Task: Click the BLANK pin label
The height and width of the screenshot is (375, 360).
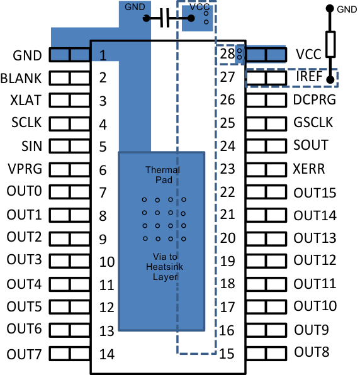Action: click(x=21, y=79)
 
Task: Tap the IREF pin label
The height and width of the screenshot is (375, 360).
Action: click(x=310, y=78)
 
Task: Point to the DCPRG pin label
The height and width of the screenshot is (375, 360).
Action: click(x=314, y=99)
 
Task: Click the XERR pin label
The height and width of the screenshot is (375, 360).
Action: click(x=309, y=169)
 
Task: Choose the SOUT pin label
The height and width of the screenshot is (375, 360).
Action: click(x=310, y=145)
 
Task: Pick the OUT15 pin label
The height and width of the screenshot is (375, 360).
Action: click(x=315, y=193)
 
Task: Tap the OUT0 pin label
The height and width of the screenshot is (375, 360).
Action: click(x=24, y=191)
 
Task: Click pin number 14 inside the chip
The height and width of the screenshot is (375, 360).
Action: click(x=107, y=354)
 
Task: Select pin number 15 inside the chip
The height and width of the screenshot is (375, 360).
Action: click(x=227, y=354)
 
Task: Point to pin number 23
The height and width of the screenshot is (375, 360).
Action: click(x=227, y=169)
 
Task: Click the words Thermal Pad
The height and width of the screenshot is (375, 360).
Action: click(x=162, y=175)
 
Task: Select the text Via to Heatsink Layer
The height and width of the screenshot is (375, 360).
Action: click(x=162, y=267)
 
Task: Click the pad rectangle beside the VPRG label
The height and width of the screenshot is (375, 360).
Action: click(x=69, y=170)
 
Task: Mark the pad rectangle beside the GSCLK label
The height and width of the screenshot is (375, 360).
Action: click(x=267, y=123)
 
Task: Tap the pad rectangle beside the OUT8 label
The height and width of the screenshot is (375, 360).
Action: click(x=267, y=354)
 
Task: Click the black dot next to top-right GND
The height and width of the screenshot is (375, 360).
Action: click(x=329, y=9)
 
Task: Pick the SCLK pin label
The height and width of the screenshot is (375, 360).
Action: click(x=26, y=124)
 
